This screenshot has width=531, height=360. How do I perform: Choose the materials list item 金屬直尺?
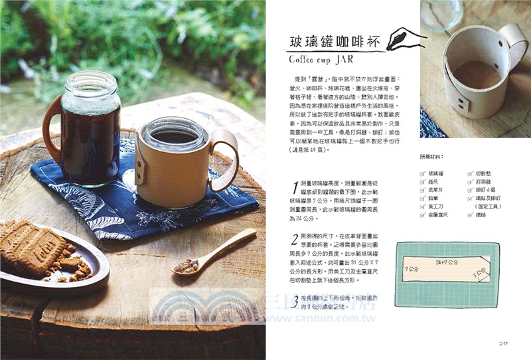pyautogui.click(x=442, y=216)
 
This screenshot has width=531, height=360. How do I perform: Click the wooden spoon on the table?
pyautogui.click(x=212, y=252)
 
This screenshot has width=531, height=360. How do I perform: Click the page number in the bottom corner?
pyautogui.click(x=503, y=343)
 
